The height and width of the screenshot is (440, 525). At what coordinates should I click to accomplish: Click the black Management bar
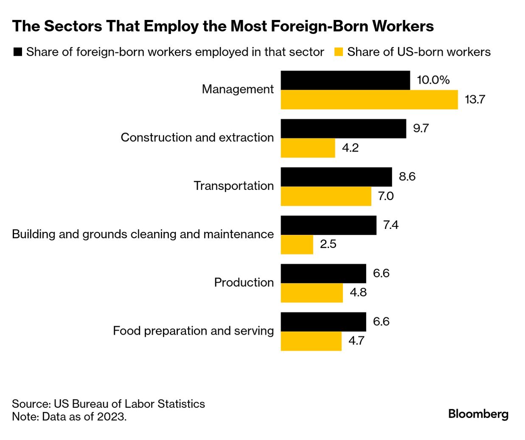(345, 80)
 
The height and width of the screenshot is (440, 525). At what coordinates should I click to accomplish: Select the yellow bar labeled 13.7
(369, 100)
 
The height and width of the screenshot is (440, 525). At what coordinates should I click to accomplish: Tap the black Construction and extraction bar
(343, 129)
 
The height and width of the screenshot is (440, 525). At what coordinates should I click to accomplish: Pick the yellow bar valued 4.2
(308, 148)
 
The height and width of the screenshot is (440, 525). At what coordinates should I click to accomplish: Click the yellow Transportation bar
(326, 196)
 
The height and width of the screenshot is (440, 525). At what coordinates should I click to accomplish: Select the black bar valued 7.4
(328, 225)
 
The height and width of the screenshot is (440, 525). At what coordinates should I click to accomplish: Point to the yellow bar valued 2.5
(297, 245)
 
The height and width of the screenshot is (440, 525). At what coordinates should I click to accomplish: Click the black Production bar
(323, 274)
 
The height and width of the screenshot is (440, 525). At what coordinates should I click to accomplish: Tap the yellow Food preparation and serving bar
(311, 341)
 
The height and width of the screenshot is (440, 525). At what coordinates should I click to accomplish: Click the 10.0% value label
(433, 80)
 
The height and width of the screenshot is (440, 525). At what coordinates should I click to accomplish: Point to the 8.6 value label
(407, 177)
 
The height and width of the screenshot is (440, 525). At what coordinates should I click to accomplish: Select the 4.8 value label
(358, 293)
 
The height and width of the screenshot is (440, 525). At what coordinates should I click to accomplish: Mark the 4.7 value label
(357, 341)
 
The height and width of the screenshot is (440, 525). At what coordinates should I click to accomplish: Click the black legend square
(18, 52)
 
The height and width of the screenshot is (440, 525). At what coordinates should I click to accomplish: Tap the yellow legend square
(338, 52)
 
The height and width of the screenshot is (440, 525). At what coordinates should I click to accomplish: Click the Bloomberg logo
(478, 414)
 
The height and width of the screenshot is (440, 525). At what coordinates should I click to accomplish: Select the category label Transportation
(233, 186)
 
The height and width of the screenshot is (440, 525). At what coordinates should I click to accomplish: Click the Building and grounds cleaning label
(143, 234)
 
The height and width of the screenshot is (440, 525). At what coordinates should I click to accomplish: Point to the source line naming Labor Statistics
(108, 404)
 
